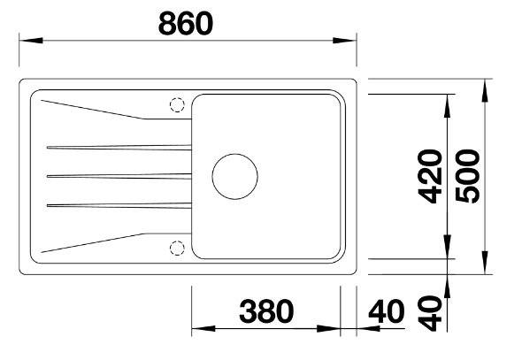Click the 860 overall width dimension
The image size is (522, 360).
coord(186,23)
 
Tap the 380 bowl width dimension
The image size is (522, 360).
coord(266,311)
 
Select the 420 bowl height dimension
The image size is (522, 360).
coord(430,176)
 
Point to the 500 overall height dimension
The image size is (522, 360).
coord(468,176)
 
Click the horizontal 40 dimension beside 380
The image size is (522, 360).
coord(386,311)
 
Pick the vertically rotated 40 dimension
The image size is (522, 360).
coord(430,313)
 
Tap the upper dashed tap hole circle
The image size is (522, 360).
coord(177,104)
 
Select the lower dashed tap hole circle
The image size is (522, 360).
coord(177,248)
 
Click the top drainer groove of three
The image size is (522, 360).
coord(119,147)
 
